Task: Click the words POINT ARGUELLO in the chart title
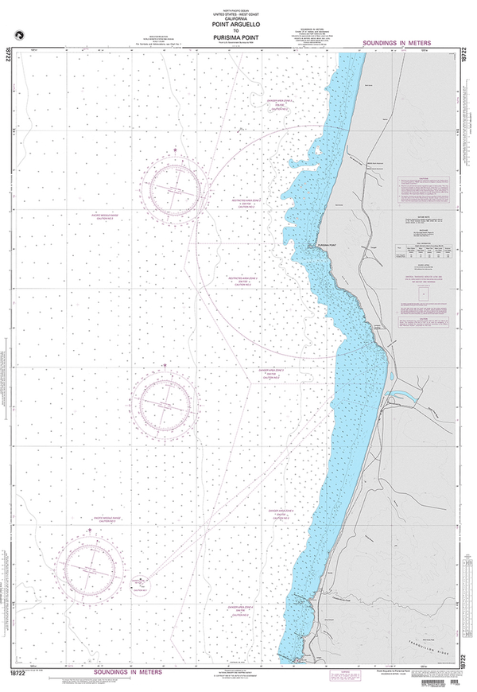238,24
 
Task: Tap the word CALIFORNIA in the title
238,18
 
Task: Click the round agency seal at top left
15,33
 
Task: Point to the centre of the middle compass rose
165,405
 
